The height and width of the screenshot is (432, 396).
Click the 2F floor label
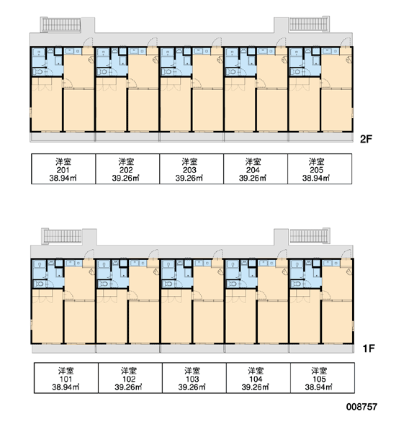point(366,139)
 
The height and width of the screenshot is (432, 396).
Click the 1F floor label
point(369,348)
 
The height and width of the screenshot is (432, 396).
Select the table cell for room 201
point(63,168)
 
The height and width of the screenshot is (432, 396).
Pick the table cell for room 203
point(192,168)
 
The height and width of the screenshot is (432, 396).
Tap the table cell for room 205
point(320,168)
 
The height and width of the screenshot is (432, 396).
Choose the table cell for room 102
point(130,378)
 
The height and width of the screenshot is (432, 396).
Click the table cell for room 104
point(258,378)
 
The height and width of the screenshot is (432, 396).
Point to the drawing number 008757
point(361,407)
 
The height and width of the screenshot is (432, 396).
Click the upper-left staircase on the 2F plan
point(61,24)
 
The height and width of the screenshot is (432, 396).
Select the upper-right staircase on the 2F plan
point(309,24)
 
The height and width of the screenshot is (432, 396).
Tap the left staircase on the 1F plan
point(62,236)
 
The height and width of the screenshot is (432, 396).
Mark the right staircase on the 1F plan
point(310,236)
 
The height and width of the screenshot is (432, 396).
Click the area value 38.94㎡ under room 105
point(318,387)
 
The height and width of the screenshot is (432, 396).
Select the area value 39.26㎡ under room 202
point(126,178)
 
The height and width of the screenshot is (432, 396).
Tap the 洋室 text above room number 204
point(253,161)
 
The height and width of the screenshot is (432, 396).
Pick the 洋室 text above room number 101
point(66,370)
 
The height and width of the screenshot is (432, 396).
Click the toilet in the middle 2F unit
point(167,72)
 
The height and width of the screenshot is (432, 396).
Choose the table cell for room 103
point(194,378)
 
